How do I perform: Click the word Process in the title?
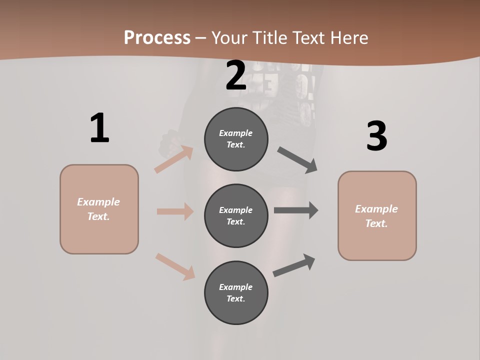(157, 38)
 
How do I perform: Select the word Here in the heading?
(348, 38)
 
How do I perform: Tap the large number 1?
(99, 128)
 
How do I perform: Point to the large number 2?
(236, 76)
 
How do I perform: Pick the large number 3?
(376, 136)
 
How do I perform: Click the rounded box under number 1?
(99, 209)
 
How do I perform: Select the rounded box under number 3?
(377, 215)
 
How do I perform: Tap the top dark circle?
(236, 139)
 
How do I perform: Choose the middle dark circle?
(236, 215)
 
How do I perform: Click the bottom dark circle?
(236, 292)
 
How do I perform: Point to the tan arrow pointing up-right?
(174, 159)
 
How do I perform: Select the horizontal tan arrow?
(175, 211)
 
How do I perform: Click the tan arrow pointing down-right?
(175, 266)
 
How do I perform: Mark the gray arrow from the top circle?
(297, 160)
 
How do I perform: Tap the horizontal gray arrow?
(296, 210)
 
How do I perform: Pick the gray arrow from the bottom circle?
(294, 265)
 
